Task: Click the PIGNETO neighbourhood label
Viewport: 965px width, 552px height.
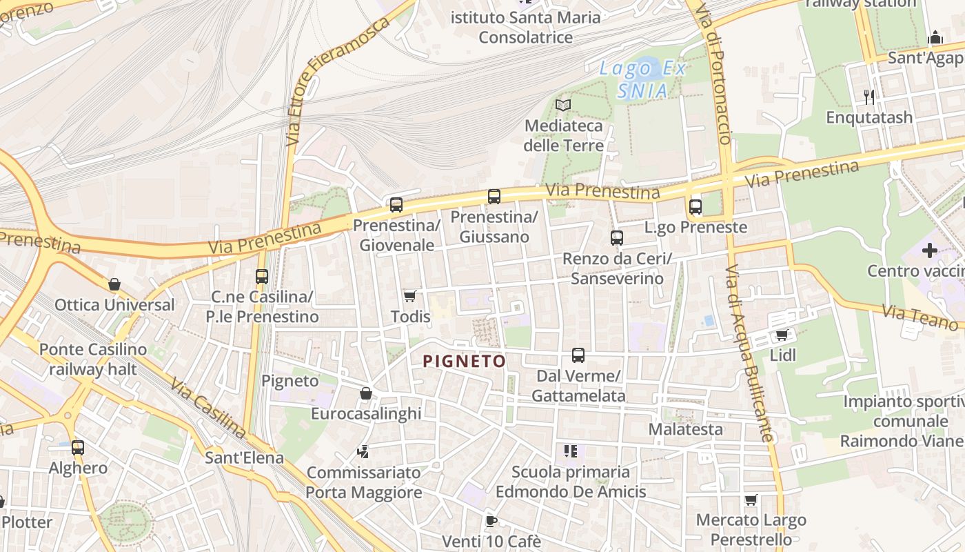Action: point(464,361)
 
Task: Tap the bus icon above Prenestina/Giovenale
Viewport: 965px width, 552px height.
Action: point(396,205)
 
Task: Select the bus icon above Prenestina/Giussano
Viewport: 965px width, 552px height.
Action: point(494,197)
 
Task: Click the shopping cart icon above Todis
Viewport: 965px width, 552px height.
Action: point(410,297)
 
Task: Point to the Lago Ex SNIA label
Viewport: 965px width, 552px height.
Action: point(642,79)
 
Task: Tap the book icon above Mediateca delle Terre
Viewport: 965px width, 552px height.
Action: point(563,106)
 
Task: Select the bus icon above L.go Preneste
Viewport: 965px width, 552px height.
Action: point(695,206)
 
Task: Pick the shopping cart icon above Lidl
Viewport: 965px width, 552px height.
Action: point(782,335)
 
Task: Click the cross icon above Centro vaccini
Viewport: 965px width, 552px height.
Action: point(930,250)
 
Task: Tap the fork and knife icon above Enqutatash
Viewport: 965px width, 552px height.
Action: point(869,97)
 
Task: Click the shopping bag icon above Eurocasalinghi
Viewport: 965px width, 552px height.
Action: point(366,393)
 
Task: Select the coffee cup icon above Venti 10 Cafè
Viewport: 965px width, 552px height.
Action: point(491,521)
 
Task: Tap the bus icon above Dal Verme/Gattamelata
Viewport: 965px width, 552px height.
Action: point(578,355)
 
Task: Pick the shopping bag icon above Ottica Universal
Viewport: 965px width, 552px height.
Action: point(114,284)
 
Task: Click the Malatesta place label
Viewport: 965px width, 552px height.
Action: point(686,429)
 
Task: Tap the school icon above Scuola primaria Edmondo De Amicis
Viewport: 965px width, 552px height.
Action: point(570,451)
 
